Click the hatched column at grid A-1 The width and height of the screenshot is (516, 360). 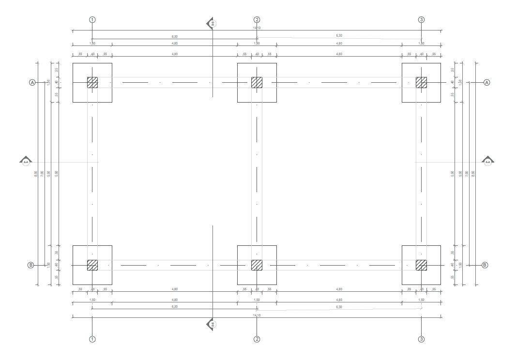[x=92, y=82]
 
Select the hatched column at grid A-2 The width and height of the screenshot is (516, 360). [x=257, y=82]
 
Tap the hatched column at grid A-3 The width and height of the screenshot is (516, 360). [x=421, y=82]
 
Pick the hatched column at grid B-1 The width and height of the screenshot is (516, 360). [x=92, y=265]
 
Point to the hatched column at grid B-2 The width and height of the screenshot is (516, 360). [x=257, y=265]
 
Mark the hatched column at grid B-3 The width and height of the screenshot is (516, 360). [x=421, y=265]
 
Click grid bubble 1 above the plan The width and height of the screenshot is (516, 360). [x=92, y=20]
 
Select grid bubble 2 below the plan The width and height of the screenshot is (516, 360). [x=257, y=339]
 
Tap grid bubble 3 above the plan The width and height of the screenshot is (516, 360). [x=421, y=20]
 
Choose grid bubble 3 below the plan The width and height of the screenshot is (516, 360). [x=421, y=339]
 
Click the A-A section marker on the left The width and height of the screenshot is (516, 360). [x=26, y=161]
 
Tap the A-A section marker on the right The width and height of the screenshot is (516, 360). [x=488, y=161]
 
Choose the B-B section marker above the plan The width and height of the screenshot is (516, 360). [x=212, y=23]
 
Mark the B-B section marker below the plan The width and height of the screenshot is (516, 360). [x=212, y=324]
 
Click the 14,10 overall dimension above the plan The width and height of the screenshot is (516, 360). [x=257, y=28]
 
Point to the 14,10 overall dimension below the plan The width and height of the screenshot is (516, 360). [x=257, y=315]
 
